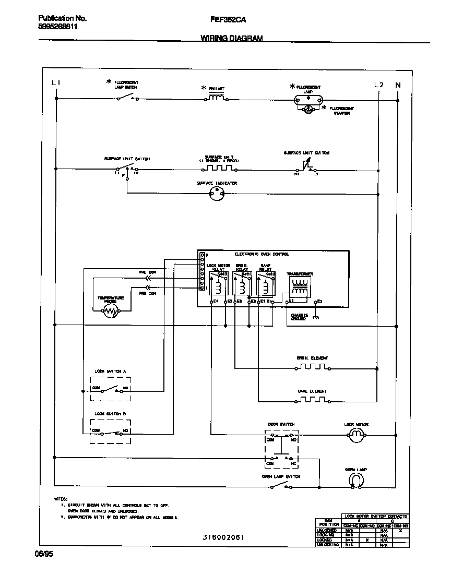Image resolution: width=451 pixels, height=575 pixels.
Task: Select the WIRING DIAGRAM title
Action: (x=231, y=38)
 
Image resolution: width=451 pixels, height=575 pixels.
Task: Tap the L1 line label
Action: (x=56, y=84)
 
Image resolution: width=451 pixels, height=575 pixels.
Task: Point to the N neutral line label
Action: (x=398, y=85)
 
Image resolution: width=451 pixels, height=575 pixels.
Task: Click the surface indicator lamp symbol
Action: (x=217, y=193)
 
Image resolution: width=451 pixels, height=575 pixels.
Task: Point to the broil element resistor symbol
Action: (x=312, y=367)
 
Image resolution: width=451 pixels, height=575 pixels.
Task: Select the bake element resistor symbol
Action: (x=312, y=400)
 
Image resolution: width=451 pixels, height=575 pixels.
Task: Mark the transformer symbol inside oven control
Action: (x=300, y=286)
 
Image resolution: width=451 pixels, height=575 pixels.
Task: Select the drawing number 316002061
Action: (x=223, y=537)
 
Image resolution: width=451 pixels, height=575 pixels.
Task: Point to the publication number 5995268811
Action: (x=58, y=27)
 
